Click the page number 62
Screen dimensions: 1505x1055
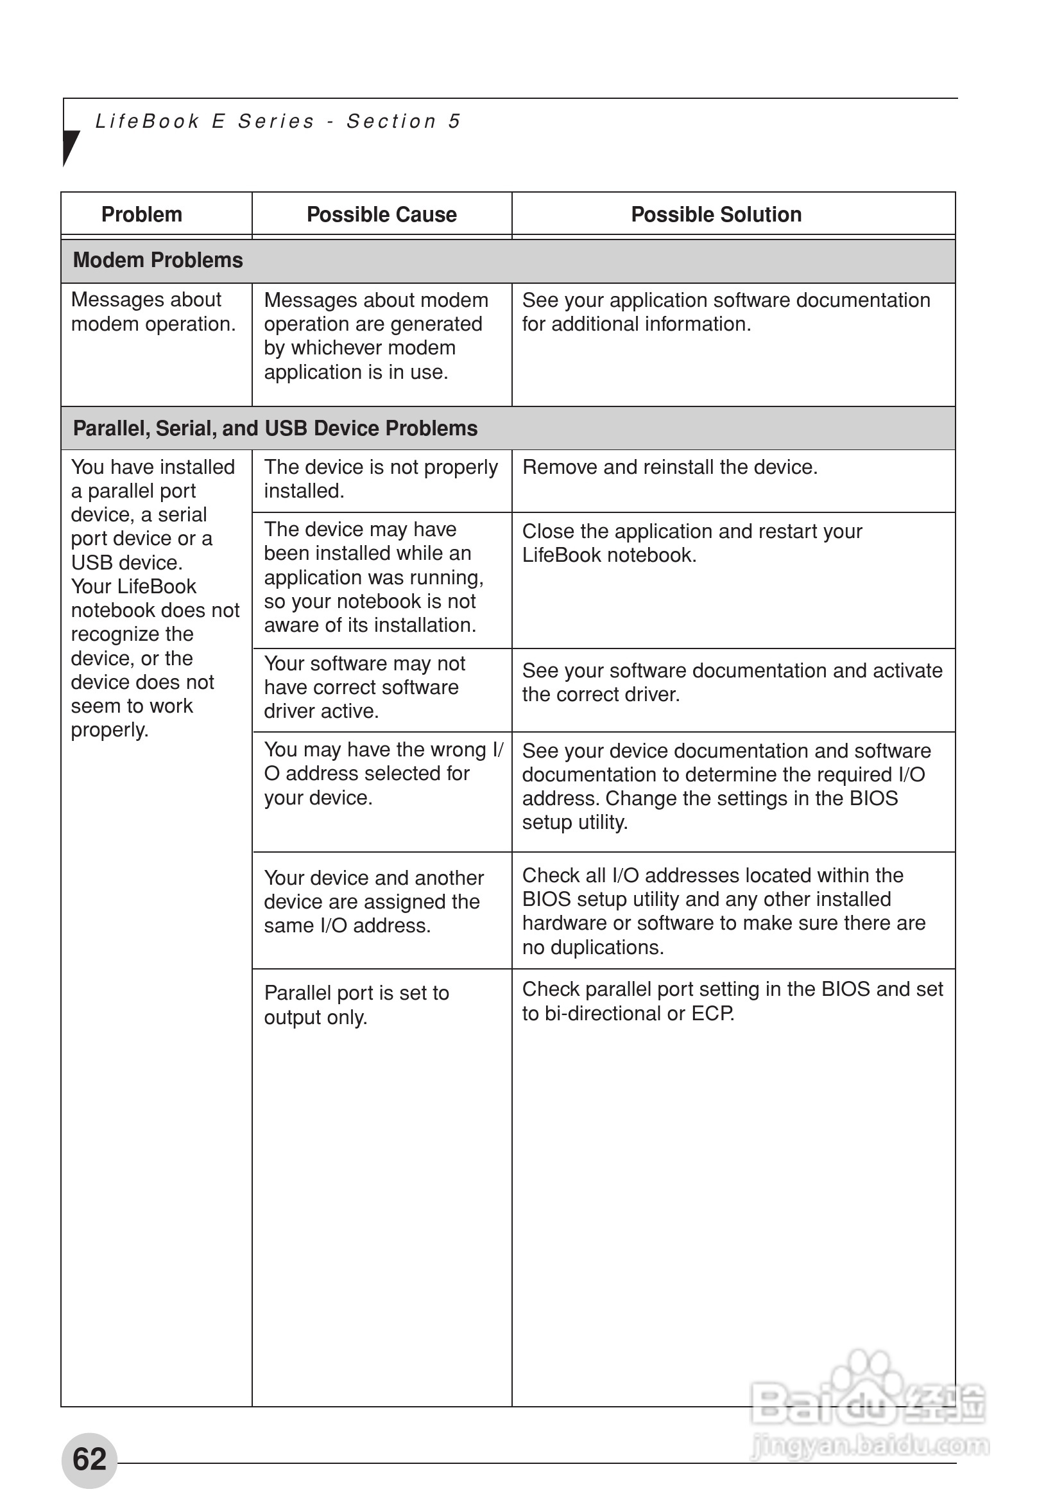[89, 1459]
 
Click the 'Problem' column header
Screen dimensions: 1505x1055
[142, 214]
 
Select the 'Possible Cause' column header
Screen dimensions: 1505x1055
[381, 214]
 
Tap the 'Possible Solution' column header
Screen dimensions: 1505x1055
[716, 214]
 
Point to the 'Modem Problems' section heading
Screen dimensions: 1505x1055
[157, 260]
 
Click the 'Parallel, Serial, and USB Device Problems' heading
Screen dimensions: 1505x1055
[275, 428]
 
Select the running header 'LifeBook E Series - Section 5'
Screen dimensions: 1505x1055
[278, 121]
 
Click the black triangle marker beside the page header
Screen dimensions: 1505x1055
[69, 147]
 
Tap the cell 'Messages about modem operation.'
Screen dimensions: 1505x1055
[153, 312]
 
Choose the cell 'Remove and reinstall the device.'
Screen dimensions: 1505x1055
[670, 467]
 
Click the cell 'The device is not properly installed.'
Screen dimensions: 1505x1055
[381, 479]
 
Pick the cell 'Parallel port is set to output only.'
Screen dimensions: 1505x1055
[356, 1005]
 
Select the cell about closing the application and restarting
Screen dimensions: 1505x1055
[691, 543]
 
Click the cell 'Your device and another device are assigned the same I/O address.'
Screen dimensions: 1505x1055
[373, 901]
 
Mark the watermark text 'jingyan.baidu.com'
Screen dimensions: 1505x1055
[870, 1445]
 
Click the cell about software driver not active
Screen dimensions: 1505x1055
[365, 688]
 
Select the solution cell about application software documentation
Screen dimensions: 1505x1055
[725, 312]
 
